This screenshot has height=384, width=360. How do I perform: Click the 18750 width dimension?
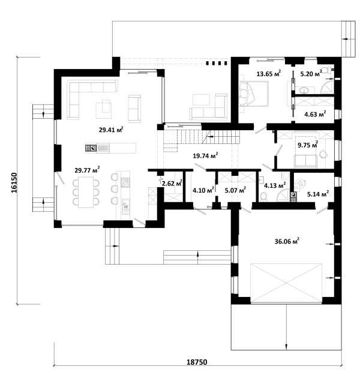click(197, 362)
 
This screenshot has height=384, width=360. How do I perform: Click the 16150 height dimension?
click(14, 182)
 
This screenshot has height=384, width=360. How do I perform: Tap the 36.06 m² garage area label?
click(287, 241)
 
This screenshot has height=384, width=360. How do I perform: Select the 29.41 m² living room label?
click(111, 130)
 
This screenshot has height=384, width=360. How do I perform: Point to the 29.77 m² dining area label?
click(87, 169)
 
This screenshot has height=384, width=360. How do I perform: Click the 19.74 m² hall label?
click(205, 155)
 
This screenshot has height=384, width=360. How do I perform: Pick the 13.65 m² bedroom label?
click(268, 73)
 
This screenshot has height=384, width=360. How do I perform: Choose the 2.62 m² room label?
click(172, 182)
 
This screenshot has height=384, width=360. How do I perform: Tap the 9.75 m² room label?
click(308, 145)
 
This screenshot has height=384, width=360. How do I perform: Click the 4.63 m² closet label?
click(315, 114)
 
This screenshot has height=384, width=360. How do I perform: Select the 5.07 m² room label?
click(235, 190)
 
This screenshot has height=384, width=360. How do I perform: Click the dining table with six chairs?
click(86, 192)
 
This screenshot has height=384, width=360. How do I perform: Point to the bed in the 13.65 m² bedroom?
click(254, 94)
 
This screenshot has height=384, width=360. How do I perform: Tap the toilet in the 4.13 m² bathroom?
click(263, 197)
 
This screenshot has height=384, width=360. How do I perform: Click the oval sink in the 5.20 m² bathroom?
click(304, 91)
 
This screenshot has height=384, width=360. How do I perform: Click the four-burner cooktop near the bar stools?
click(125, 182)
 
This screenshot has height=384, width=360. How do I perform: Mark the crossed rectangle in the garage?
click(286, 284)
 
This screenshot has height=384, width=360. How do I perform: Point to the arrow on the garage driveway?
click(286, 326)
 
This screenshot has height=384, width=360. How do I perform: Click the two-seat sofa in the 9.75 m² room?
click(306, 161)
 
